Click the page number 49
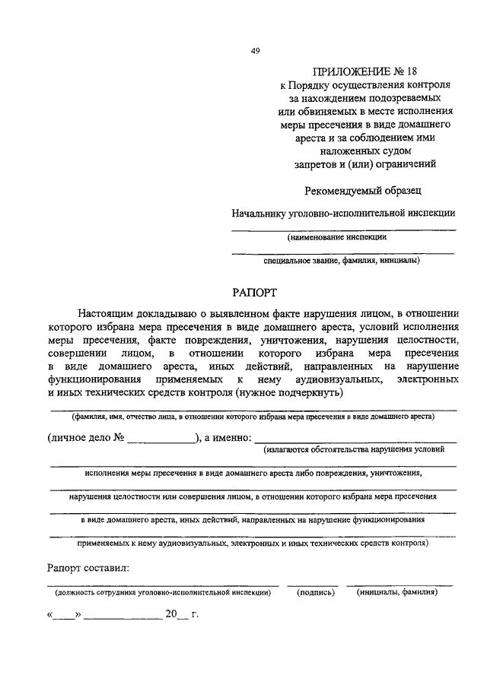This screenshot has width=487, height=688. [256, 52]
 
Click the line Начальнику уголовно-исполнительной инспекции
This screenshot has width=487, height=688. [344, 214]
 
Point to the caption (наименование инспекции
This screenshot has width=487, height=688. [336, 236]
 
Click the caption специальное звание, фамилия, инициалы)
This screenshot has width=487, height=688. [342, 261]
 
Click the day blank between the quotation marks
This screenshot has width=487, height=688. [65, 613]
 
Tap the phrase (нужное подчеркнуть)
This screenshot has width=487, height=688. [291, 393]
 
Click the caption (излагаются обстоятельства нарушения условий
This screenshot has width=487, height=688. [355, 450]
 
